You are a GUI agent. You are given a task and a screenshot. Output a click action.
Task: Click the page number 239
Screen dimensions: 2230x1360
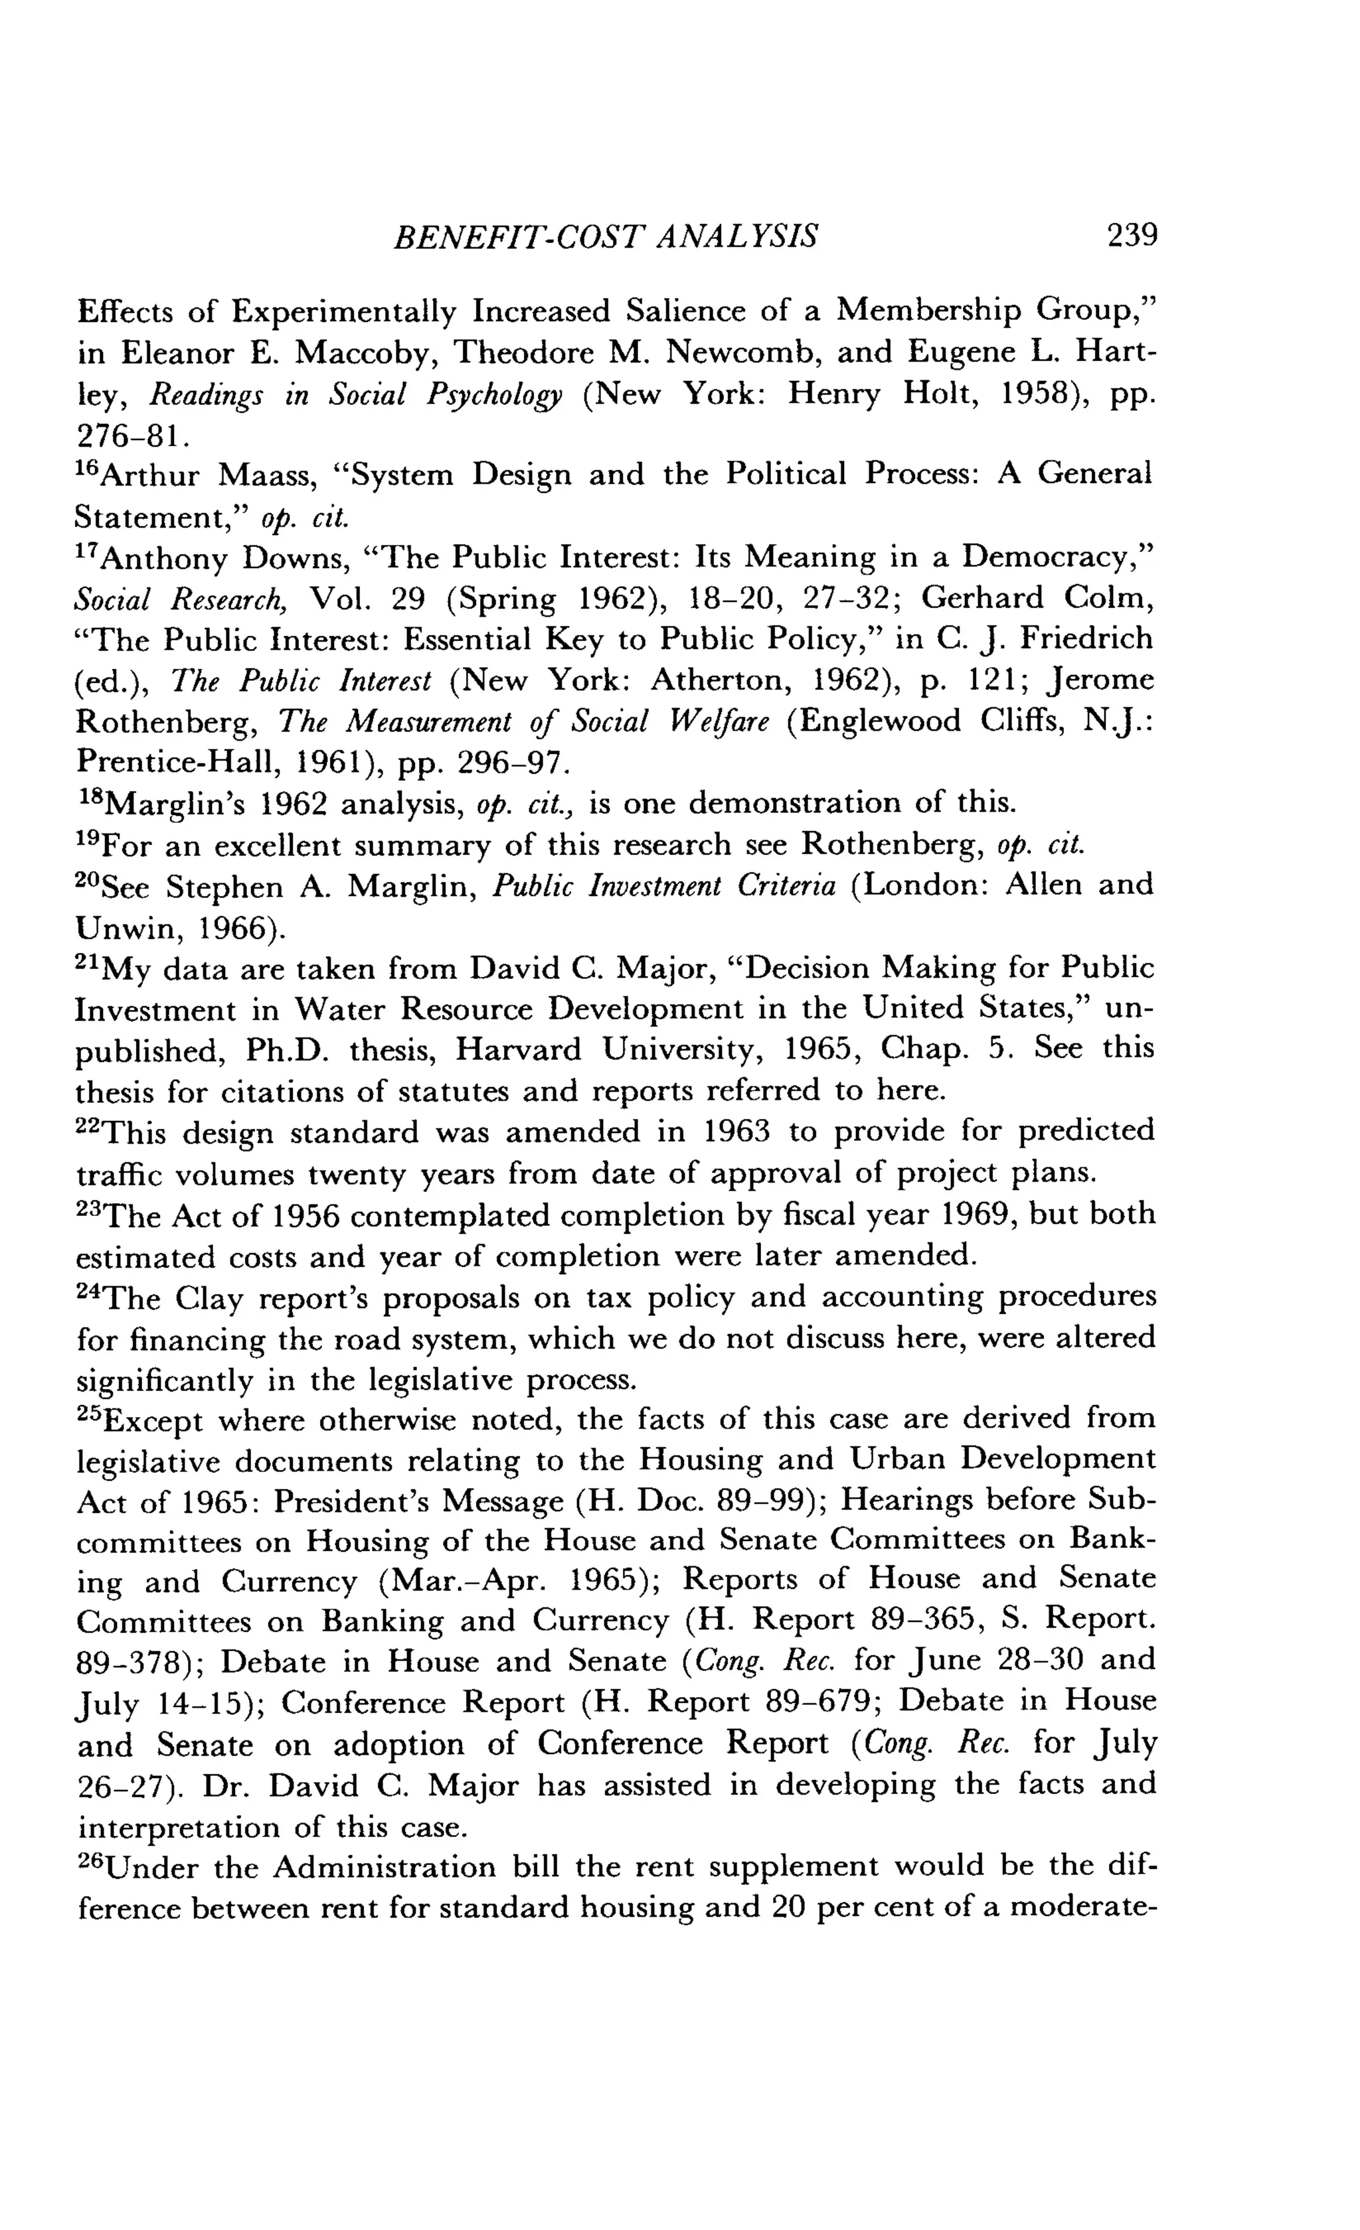point(1131,236)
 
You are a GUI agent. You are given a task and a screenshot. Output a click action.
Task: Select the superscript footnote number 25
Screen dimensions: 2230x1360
point(90,1414)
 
